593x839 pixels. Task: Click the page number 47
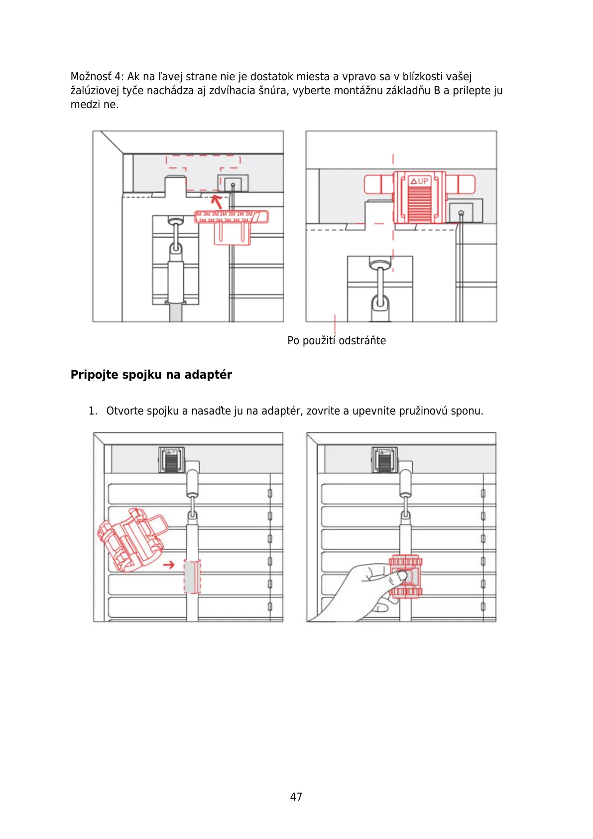(x=296, y=797)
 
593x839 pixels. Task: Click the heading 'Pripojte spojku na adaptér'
(x=151, y=375)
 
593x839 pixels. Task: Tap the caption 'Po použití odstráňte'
(x=337, y=341)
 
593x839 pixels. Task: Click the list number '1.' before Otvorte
(x=93, y=411)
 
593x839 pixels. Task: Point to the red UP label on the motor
(x=419, y=181)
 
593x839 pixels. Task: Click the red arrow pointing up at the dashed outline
(x=217, y=201)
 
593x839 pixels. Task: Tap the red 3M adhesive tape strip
(x=231, y=217)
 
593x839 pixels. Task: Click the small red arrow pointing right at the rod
(x=169, y=564)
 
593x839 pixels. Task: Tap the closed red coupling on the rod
(x=405, y=576)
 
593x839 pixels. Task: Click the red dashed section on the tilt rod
(x=192, y=576)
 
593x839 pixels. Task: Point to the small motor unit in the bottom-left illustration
(x=171, y=459)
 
